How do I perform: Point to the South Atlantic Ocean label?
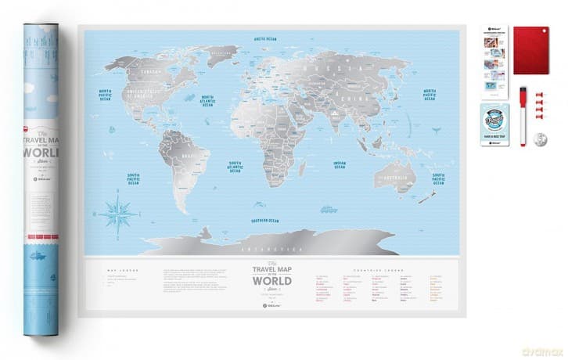point(239,167)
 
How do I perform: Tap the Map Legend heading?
point(116,270)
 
